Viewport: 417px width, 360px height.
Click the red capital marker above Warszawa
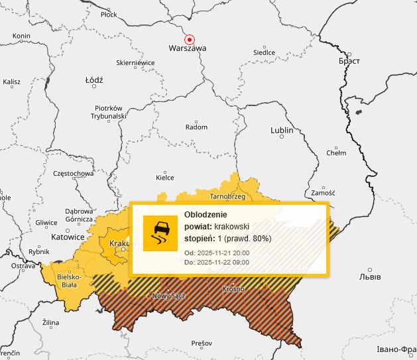pos(190,39)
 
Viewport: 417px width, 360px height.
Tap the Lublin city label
pos(282,131)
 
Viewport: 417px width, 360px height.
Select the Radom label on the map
pos(197,127)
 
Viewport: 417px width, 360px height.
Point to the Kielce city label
pos(164,177)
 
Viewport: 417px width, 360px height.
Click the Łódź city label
pos(95,80)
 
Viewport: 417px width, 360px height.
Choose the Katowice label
pos(68,237)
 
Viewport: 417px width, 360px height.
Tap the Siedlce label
pos(264,52)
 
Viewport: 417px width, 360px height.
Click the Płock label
pos(108,14)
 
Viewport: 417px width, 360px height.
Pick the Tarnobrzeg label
pos(228,197)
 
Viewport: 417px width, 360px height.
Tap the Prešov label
pos(201,343)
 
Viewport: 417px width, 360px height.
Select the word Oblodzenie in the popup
pos(206,215)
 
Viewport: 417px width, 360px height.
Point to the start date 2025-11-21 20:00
pos(222,253)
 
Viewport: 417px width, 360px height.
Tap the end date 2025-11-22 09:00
pos(222,263)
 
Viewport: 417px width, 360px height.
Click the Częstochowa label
pos(73,174)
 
